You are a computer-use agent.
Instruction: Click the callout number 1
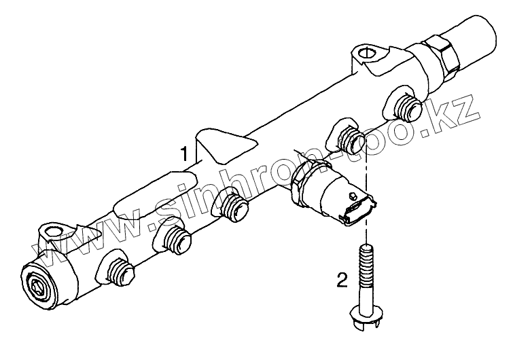[x=183, y=154]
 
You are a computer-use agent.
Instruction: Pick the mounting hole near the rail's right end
[x=364, y=52]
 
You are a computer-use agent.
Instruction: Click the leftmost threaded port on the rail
[x=122, y=272]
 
